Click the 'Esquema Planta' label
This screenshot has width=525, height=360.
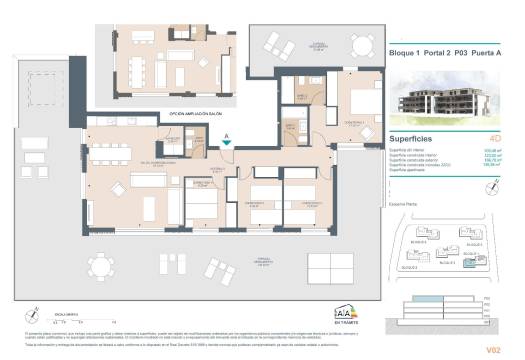[401, 202]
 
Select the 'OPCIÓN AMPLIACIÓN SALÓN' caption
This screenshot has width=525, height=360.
[192, 114]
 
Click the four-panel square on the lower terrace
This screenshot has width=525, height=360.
[331, 265]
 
